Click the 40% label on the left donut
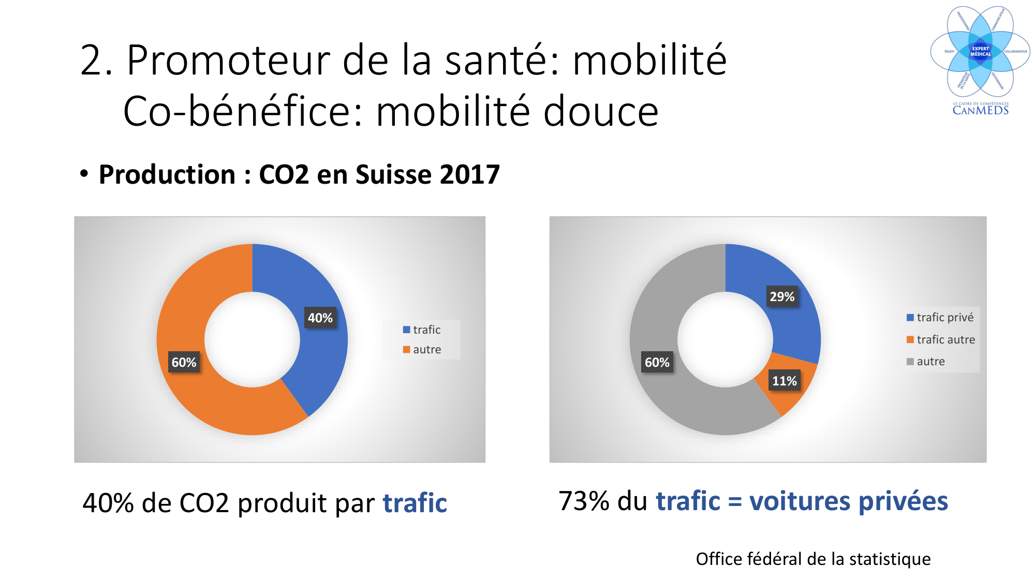(320, 318)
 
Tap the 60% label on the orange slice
(184, 362)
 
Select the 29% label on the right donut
(782, 296)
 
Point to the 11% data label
(785, 381)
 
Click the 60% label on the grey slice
(657, 362)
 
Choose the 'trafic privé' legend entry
(940, 317)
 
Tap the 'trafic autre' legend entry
(940, 339)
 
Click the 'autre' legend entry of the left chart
(422, 349)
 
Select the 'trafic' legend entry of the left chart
(422, 330)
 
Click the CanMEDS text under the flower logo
(981, 110)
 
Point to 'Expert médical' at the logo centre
(980, 51)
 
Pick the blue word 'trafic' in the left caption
(415, 503)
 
